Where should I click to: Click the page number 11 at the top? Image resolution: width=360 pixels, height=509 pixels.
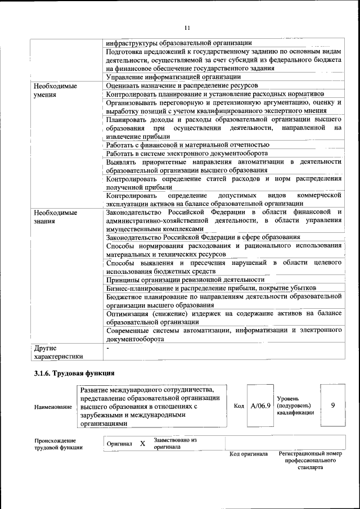(x=187, y=27)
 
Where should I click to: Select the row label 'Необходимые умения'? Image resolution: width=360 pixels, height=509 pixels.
(x=55, y=91)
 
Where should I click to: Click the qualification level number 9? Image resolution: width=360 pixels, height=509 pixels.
(x=333, y=405)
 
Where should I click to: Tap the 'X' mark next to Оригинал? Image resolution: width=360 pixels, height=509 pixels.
(x=142, y=443)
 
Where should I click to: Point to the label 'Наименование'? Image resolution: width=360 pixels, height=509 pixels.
(x=53, y=406)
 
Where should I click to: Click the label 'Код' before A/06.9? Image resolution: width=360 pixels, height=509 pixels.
(x=238, y=406)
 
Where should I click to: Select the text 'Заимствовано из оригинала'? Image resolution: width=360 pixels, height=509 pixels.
(x=175, y=443)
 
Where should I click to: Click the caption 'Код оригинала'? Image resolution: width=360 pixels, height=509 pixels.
(x=249, y=454)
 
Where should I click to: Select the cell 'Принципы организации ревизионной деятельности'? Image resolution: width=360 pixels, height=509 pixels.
(x=185, y=280)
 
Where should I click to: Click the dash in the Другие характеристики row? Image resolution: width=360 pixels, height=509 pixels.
(x=108, y=348)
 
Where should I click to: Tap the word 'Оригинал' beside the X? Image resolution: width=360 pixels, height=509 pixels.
(x=120, y=444)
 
